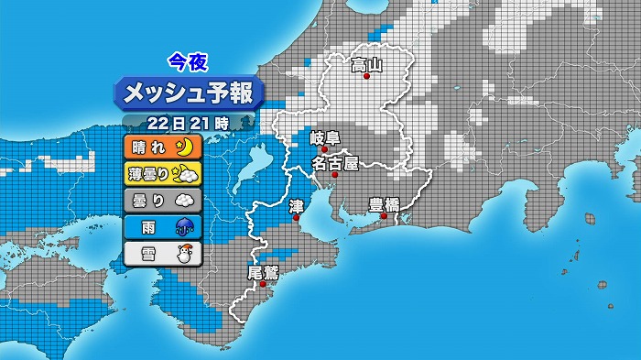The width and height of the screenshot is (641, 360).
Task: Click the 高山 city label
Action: click(x=366, y=64)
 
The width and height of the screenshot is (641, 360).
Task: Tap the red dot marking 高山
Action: click(x=366, y=77)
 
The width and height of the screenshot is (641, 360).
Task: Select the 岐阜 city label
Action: click(x=324, y=138)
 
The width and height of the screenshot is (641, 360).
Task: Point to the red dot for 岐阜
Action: click(x=324, y=149)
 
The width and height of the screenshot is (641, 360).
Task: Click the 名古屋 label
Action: click(x=334, y=163)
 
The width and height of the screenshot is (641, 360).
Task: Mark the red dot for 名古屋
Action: click(x=335, y=174)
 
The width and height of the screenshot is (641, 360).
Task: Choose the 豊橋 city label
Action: click(x=384, y=204)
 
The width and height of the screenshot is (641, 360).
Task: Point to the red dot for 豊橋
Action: click(x=384, y=216)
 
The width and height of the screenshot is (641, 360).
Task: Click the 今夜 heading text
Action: click(x=189, y=62)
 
